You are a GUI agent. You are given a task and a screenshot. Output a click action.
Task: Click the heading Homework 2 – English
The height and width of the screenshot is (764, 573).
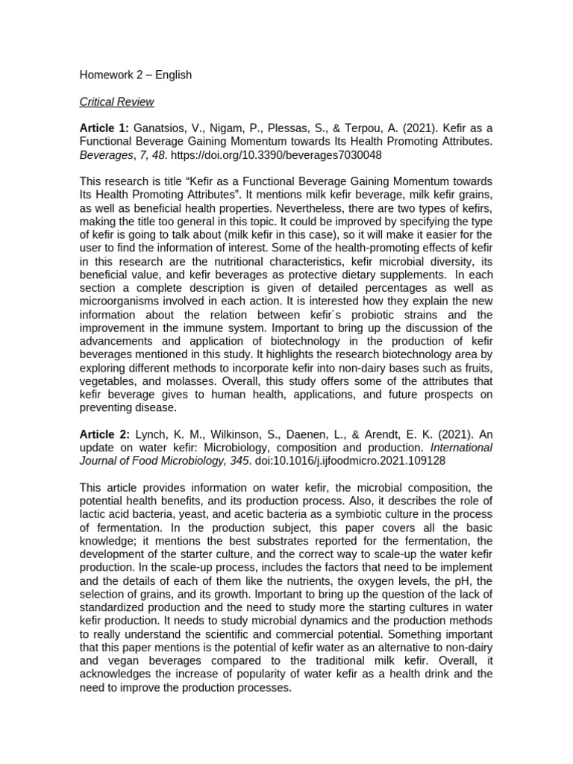(x=135, y=75)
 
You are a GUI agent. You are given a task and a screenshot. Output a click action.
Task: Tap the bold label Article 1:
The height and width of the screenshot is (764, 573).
(x=104, y=128)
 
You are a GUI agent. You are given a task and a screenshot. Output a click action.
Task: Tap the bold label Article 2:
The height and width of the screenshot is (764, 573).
(x=104, y=435)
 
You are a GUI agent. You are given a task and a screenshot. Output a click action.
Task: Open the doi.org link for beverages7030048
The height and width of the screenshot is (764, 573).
(x=296, y=155)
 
